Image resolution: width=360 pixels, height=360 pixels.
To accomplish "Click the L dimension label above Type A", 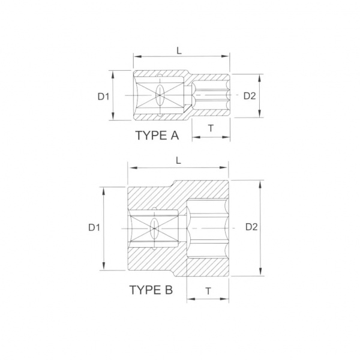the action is click(x=179, y=50).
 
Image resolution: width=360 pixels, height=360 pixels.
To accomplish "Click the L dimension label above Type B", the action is click(x=178, y=161).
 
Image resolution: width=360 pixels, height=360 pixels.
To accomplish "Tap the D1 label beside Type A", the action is click(x=104, y=97).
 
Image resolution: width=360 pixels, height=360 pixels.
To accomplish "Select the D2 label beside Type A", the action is click(x=250, y=96).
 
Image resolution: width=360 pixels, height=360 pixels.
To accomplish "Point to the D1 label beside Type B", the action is click(x=94, y=227).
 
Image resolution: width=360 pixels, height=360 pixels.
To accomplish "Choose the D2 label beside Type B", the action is click(x=251, y=227).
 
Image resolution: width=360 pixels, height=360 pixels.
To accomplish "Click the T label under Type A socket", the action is click(x=211, y=128).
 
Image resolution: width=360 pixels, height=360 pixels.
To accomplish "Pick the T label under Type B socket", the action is click(x=208, y=291).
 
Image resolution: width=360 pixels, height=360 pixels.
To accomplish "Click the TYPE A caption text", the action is click(x=157, y=135).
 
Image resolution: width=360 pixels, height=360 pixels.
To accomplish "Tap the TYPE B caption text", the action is click(x=151, y=290).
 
